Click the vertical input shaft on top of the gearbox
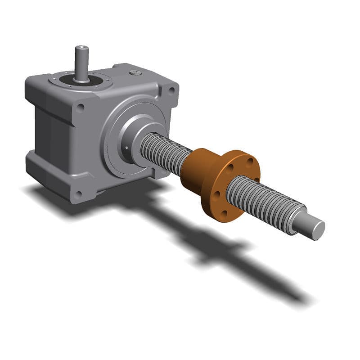[x=81, y=63]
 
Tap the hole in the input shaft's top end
[x=81, y=47]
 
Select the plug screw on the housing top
[x=136, y=73]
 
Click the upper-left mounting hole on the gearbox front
[x=80, y=108]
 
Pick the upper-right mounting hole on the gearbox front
[x=171, y=90]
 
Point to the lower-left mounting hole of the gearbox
[x=78, y=194]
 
